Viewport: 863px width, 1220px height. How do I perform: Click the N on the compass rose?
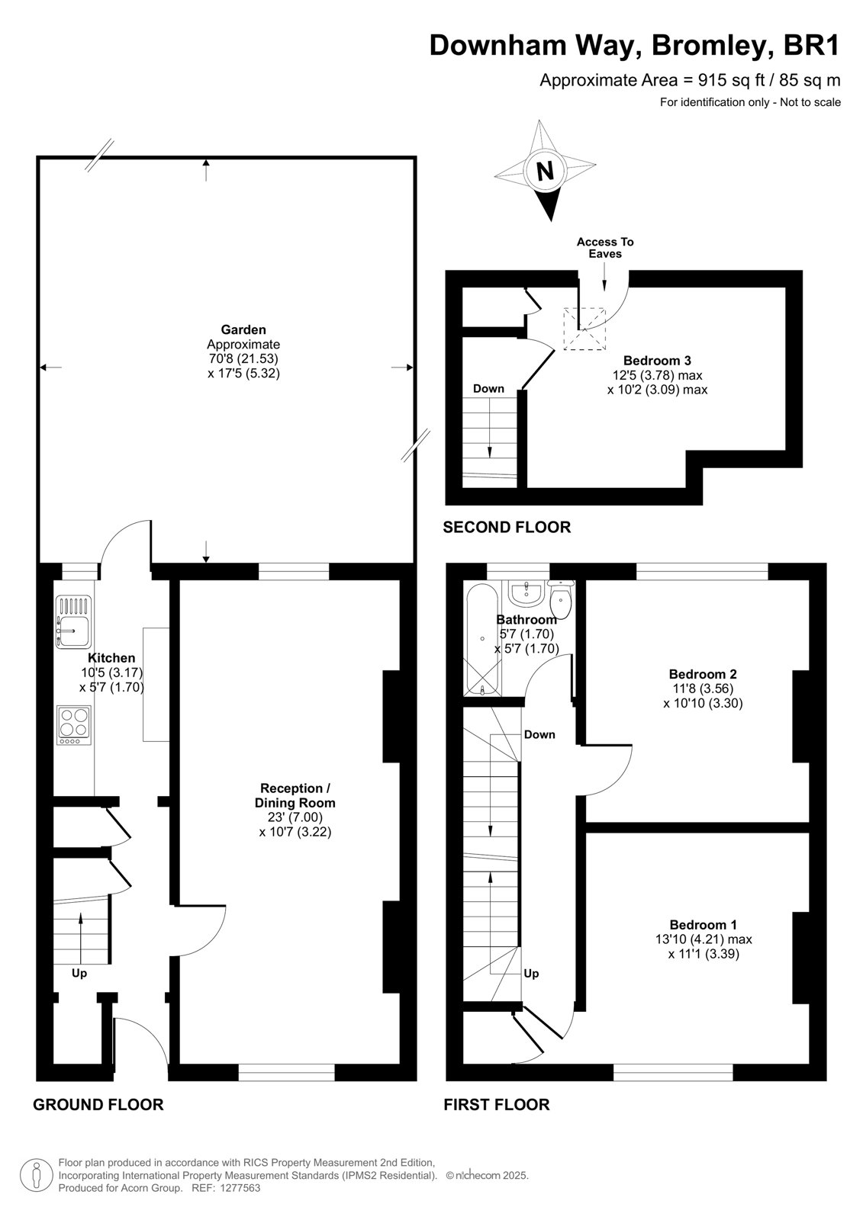pyautogui.click(x=545, y=171)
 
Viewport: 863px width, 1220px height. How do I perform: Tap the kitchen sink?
pyautogui.click(x=73, y=622)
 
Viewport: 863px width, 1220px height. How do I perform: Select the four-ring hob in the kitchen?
pyautogui.click(x=73, y=725)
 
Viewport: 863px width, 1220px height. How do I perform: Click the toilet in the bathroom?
pyautogui.click(x=560, y=599)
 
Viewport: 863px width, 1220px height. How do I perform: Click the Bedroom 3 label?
pyautogui.click(x=657, y=360)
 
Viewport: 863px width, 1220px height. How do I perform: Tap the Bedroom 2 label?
pyautogui.click(x=703, y=674)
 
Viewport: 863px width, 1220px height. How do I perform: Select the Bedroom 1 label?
pyautogui.click(x=704, y=924)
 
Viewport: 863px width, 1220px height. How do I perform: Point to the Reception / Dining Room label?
pyautogui.click(x=295, y=795)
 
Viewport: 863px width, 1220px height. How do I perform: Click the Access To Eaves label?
pyautogui.click(x=605, y=248)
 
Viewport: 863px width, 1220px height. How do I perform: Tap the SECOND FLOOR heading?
pyautogui.click(x=507, y=527)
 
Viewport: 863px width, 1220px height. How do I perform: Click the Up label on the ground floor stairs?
pyautogui.click(x=79, y=973)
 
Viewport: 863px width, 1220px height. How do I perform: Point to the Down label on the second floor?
pyautogui.click(x=488, y=388)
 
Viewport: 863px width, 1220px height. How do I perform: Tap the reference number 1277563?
pyautogui.click(x=239, y=1188)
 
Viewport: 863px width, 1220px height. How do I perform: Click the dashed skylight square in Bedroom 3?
pyautogui.click(x=584, y=329)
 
